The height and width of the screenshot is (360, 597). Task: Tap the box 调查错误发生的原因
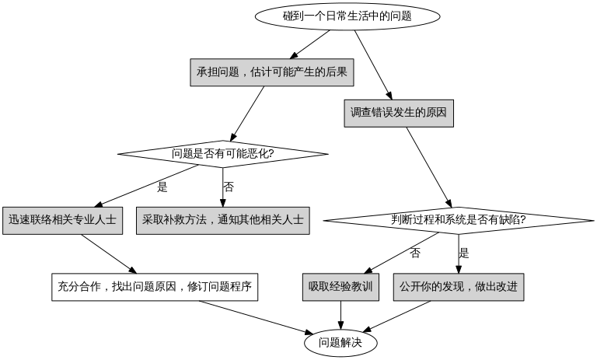[399, 113]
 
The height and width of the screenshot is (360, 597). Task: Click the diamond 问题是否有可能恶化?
[222, 153]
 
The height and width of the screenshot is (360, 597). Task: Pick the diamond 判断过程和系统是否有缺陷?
[458, 219]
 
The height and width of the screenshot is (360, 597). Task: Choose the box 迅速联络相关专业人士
[62, 220]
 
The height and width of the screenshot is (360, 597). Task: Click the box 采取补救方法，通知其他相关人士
[222, 220]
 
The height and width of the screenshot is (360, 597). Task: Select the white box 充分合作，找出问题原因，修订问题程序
[154, 286]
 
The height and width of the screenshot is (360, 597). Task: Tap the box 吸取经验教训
[340, 286]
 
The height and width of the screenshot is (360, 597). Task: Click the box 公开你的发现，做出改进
[458, 286]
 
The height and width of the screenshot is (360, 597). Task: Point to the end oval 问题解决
[340, 342]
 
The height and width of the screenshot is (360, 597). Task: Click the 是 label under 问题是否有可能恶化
[162, 187]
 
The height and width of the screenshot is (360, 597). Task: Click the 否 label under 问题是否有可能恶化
[229, 187]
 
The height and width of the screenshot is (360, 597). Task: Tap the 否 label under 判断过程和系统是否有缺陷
[415, 253]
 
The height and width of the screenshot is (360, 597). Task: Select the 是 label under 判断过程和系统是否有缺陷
[464, 253]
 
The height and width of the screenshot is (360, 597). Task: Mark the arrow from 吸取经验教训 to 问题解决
[340, 314]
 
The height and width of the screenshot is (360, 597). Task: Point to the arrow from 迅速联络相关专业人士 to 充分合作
[108, 253]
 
